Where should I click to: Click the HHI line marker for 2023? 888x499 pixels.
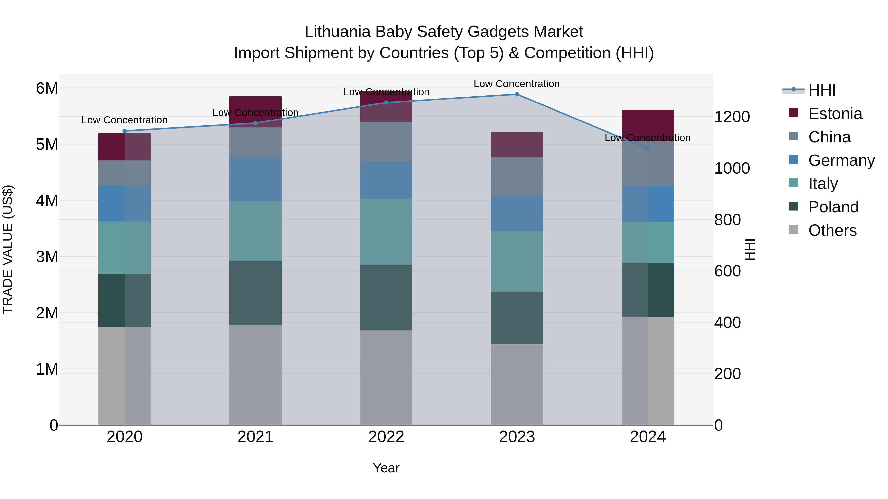517,94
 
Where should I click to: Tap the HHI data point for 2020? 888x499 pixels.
125,131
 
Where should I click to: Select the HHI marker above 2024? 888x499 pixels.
648,149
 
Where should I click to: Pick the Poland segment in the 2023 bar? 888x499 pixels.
517,318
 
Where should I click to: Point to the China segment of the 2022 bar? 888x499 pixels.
386,141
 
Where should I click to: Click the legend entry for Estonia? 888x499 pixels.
835,114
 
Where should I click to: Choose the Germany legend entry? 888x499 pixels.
841,160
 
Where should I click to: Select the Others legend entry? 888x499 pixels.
832,230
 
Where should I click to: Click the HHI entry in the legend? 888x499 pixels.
822,90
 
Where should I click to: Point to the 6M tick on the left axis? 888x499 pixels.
47,88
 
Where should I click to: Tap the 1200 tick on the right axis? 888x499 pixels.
732,117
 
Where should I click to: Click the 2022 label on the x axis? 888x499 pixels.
386,437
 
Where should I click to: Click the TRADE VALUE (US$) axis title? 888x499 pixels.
8,249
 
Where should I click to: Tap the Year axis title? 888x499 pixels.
386,468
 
